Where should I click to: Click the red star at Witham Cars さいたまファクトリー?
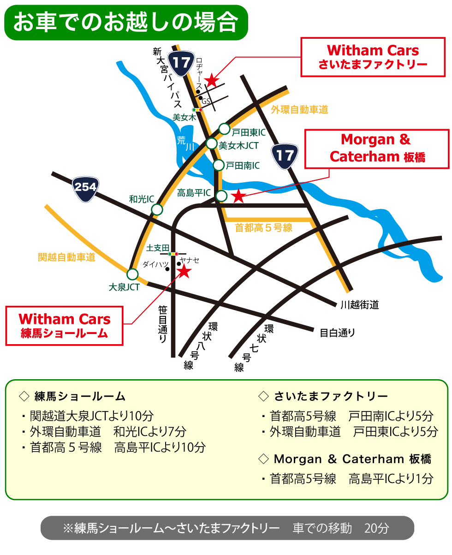click(x=211, y=81)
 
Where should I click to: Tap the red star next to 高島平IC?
click(x=238, y=196)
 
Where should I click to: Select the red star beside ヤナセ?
click(x=184, y=271)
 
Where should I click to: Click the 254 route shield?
click(x=86, y=188)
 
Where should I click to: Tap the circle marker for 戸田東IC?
click(x=224, y=129)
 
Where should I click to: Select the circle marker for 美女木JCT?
click(x=211, y=143)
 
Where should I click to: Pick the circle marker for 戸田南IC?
click(x=219, y=165)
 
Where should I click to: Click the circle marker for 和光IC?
click(x=157, y=209)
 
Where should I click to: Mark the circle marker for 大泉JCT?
click(x=132, y=274)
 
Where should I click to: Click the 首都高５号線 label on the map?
click(x=263, y=227)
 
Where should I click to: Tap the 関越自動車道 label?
click(x=66, y=257)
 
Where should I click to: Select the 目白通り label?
click(x=337, y=332)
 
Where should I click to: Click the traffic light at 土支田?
click(x=173, y=254)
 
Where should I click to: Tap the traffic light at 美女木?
click(x=198, y=110)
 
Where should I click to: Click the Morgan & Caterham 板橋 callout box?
click(x=377, y=148)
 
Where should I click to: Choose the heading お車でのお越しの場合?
click(x=125, y=23)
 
